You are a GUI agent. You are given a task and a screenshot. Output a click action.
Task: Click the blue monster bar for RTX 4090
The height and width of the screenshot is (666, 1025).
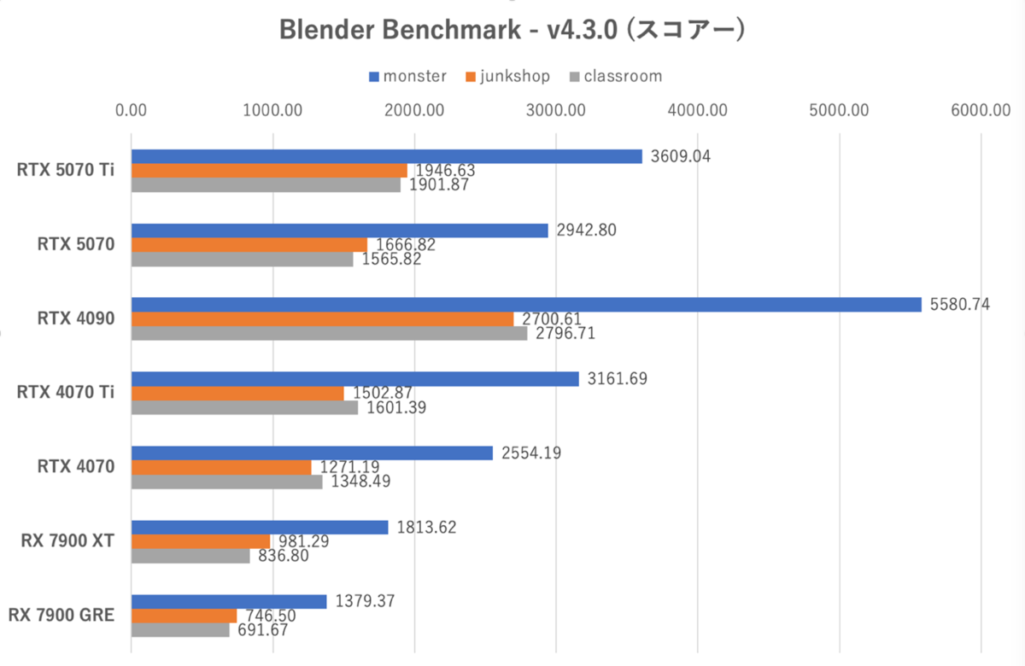tap(526, 304)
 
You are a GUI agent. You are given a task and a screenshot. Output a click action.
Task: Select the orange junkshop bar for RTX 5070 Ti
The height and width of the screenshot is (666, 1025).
tap(269, 171)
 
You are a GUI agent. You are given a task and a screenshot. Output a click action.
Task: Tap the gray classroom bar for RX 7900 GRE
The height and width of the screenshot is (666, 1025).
tap(180, 630)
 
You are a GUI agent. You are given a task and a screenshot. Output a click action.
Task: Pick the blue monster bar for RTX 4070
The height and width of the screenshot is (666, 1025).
tap(312, 453)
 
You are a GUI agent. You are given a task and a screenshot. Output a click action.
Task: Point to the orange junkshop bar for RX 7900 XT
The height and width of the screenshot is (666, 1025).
tap(201, 541)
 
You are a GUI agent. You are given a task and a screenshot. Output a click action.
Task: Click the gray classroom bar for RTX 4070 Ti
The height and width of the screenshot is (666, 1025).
tap(244, 408)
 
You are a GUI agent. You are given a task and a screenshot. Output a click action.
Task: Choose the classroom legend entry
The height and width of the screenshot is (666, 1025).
tap(614, 76)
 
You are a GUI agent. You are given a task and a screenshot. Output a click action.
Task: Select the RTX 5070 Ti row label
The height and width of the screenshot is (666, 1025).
tap(66, 170)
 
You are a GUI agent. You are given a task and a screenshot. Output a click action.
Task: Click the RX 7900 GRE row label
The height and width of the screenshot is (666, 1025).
tap(61, 615)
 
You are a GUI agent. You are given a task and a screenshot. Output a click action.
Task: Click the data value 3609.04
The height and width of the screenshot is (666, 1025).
tap(680, 156)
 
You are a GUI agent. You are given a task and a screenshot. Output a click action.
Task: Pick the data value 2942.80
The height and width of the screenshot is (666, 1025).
tap(585, 230)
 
